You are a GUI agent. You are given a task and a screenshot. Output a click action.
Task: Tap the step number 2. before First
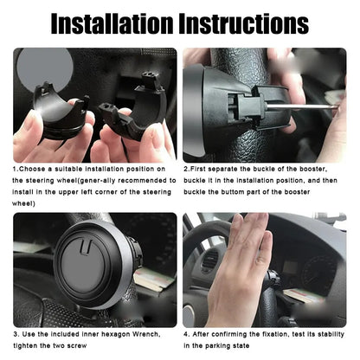click(x=188, y=170)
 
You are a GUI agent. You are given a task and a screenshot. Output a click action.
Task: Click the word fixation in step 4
click(x=277, y=333)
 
